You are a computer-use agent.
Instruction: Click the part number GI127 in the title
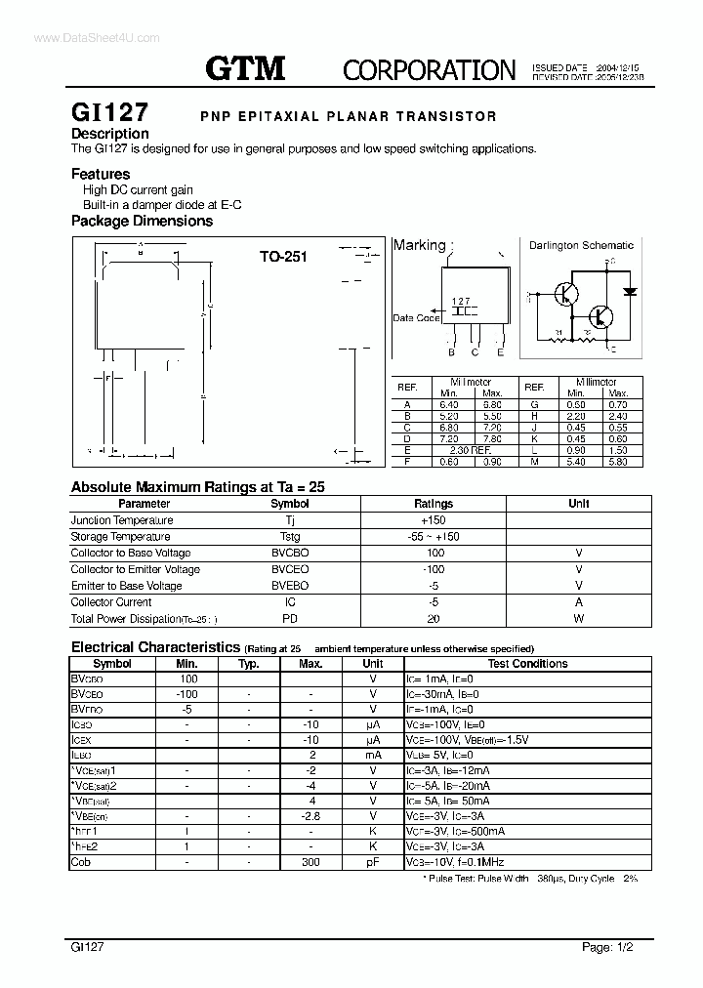[109, 114]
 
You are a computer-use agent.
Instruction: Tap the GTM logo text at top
[245, 67]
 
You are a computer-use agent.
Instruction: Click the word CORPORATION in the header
[430, 69]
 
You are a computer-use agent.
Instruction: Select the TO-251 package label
[283, 257]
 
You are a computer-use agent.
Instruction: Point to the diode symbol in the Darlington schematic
[630, 291]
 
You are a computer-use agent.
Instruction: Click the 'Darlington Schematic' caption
[581, 246]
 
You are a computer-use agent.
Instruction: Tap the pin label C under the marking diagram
[475, 353]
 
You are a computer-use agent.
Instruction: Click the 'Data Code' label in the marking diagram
[416, 318]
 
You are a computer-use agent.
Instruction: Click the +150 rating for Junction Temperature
[434, 520]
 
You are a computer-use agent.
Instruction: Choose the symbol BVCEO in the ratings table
[289, 569]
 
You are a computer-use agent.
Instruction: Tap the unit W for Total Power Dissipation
[578, 619]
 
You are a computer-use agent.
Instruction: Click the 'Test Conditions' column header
[527, 664]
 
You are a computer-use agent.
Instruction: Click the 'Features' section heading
[101, 174]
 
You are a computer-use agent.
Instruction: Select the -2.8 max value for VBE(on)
[310, 815]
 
